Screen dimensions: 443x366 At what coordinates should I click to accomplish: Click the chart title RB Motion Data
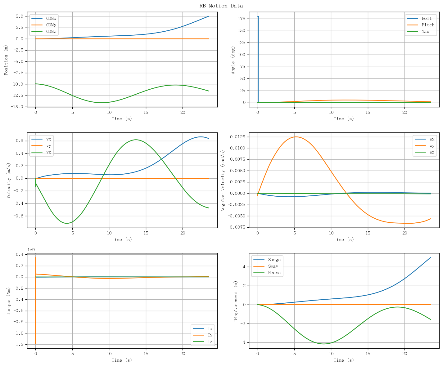[x=221, y=6]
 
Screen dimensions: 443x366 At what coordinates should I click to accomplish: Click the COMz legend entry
[x=44, y=31]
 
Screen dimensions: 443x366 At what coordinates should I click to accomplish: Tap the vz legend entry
[x=41, y=152]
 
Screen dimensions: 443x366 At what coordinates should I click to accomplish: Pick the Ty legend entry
[x=203, y=335]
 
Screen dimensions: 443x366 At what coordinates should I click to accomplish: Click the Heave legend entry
[x=267, y=273]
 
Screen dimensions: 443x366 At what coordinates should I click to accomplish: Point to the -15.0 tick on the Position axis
[x=17, y=107]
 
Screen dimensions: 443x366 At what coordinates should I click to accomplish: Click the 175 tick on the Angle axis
[x=242, y=19]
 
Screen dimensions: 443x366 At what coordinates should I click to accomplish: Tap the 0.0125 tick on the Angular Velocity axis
[x=237, y=137]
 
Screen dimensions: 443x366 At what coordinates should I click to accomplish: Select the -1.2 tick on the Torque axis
[x=18, y=344]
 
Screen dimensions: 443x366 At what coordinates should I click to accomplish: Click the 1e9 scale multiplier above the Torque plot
[x=31, y=250]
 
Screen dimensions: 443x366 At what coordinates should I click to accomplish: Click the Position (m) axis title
[x=6, y=60]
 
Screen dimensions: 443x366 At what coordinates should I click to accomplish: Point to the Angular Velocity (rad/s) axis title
[x=223, y=181]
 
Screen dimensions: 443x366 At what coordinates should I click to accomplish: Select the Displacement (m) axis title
[x=236, y=301]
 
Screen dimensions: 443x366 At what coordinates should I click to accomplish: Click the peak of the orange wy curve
[x=296, y=137]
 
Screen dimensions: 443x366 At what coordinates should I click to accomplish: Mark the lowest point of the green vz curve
[x=67, y=223]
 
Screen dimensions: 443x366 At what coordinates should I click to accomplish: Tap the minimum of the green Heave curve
[x=324, y=344]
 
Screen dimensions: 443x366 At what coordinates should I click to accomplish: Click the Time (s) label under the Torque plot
[x=122, y=360]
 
